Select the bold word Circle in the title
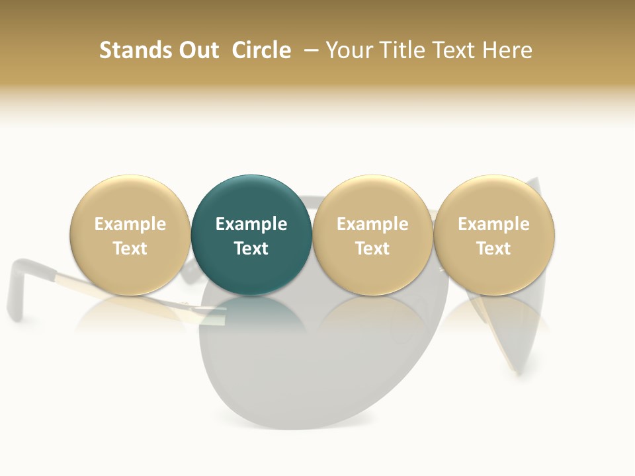261,50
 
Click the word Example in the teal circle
251,224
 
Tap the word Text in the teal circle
251,249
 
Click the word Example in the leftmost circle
130,224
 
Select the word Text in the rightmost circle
493,249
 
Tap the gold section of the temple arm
132,294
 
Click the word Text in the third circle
372,249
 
